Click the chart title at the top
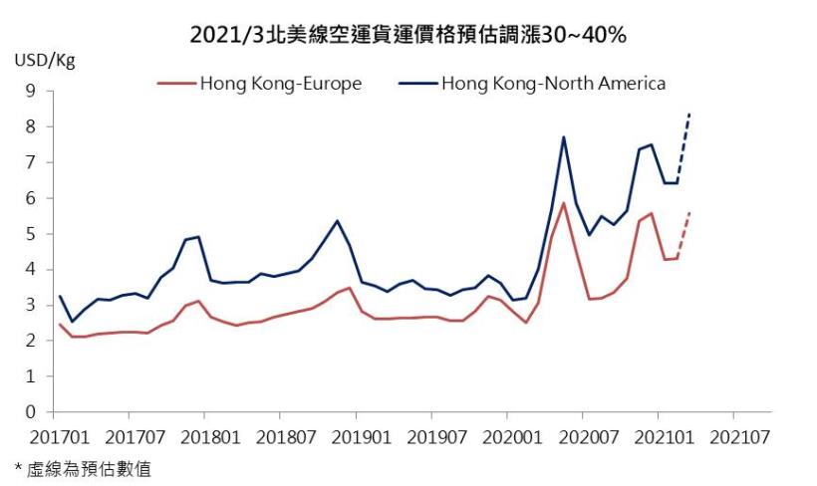(x=408, y=36)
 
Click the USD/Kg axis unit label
(x=44, y=60)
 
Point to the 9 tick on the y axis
(x=30, y=91)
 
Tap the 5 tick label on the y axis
(x=30, y=234)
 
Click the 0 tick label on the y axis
(x=30, y=412)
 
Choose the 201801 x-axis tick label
(x=203, y=437)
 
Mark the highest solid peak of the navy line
(x=564, y=137)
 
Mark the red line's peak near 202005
(x=564, y=203)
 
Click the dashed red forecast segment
(x=683, y=236)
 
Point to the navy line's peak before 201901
(x=337, y=221)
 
